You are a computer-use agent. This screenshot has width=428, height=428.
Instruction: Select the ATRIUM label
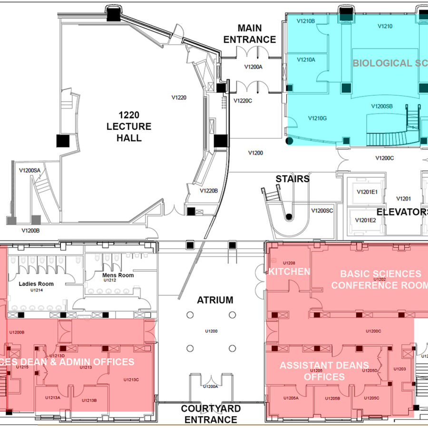tap(215, 300)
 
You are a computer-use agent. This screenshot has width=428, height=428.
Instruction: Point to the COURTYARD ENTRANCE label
tap(211, 414)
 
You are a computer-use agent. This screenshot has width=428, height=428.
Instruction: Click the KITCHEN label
tap(289, 272)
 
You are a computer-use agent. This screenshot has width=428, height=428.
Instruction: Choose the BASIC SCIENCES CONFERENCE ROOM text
tap(380, 279)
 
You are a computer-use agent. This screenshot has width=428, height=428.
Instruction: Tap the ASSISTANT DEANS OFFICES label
tap(324, 371)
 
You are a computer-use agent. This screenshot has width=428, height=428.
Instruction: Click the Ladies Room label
tap(36, 284)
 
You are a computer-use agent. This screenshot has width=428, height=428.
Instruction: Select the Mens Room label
tap(118, 275)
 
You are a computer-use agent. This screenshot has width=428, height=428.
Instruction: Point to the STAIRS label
tap(292, 179)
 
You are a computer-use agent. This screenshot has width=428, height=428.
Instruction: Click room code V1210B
tap(306, 21)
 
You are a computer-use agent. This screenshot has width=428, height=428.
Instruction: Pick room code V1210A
tap(306, 59)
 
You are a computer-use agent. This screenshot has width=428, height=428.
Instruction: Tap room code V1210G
tap(317, 118)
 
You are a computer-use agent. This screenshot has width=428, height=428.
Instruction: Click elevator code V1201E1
tap(367, 192)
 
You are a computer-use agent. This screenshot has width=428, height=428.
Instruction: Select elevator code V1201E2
tap(367, 220)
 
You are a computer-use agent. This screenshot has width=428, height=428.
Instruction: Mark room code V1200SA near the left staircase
tap(29, 170)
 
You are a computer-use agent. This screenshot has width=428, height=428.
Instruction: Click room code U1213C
tap(131, 379)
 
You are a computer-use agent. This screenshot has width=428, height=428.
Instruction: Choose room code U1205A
tap(291, 398)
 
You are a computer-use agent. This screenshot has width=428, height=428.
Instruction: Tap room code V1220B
tap(209, 191)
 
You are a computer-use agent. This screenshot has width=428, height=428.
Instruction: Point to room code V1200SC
tap(322, 210)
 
